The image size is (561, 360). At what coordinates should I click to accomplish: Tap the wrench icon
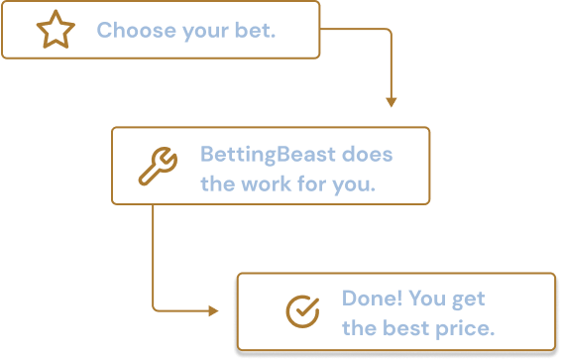coord(158,166)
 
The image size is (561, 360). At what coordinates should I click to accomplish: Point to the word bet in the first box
coord(257,31)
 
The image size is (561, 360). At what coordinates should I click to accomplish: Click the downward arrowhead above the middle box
coord(391,102)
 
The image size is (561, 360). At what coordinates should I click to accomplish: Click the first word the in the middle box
coord(216,183)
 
